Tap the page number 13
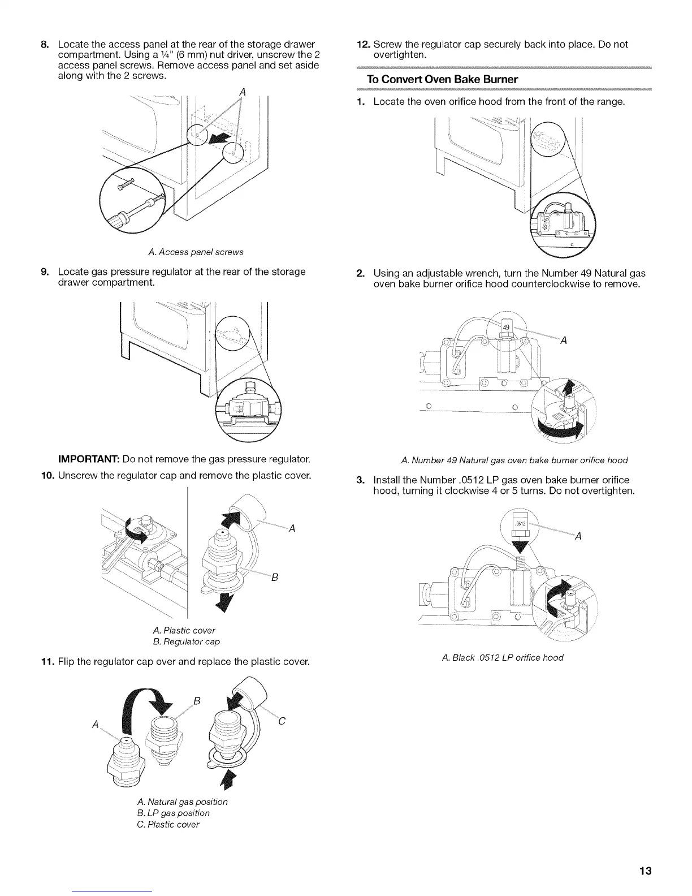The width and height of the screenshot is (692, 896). [645, 871]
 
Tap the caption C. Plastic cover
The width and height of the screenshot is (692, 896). [168, 824]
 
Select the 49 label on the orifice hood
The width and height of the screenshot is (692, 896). [507, 328]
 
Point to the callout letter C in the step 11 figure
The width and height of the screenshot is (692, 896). [282, 721]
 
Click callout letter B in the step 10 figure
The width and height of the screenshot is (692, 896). [274, 578]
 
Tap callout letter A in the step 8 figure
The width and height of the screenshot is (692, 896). [242, 92]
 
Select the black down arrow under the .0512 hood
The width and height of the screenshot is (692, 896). [520, 547]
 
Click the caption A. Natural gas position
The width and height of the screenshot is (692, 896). [182, 802]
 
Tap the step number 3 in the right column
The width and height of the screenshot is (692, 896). [360, 480]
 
